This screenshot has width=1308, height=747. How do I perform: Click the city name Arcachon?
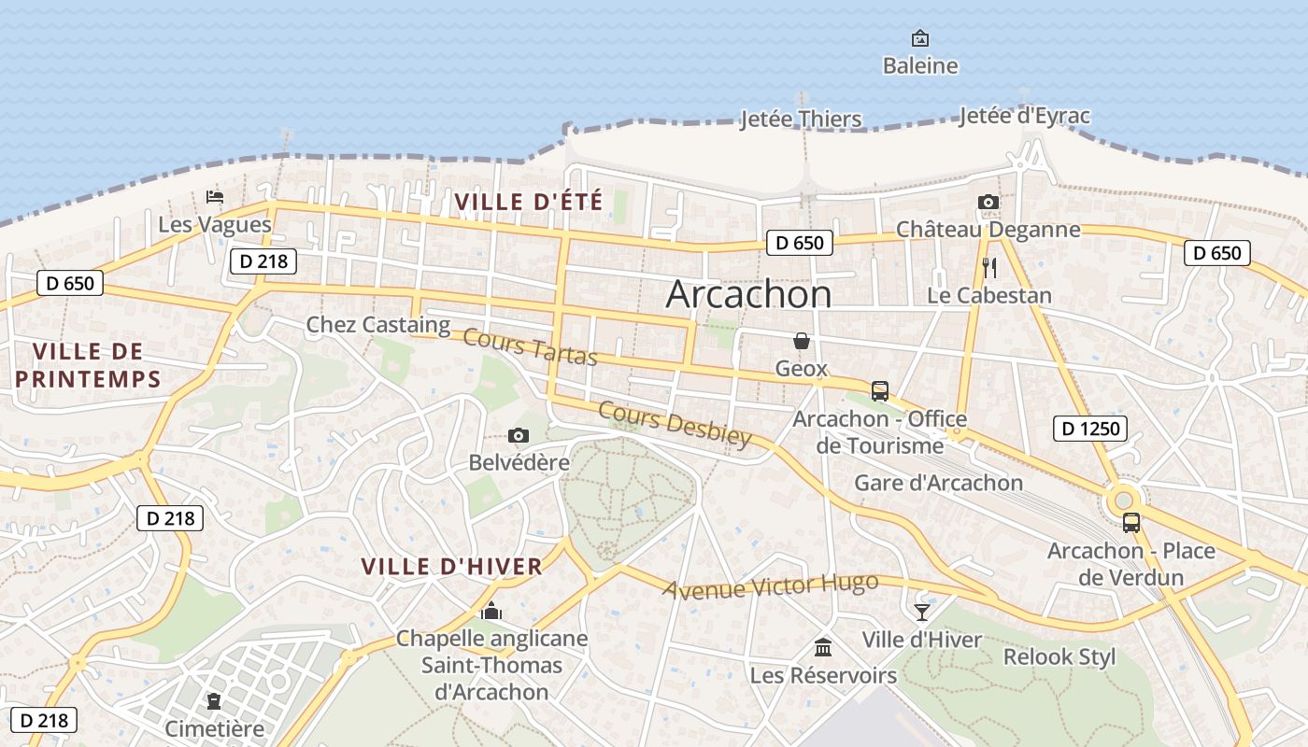pos(748,295)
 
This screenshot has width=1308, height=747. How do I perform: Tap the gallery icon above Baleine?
pos(920,38)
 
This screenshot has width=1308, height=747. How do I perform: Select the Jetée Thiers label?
pos(801,120)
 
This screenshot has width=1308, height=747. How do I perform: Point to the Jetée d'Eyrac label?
pos(1025,116)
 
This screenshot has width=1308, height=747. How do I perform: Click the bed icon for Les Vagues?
pos(215,197)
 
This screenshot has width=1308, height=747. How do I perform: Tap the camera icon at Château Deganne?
pos(988,203)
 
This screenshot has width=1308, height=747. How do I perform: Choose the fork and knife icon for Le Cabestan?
pos(989,268)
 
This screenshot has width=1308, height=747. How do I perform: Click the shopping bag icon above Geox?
pos(801,341)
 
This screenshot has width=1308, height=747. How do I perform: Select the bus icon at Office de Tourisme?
pos(879,391)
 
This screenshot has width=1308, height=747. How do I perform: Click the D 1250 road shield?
pos(1090,429)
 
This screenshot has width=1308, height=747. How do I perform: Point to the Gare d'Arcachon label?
pos(938,483)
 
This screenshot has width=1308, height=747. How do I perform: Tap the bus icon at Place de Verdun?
pos(1131,523)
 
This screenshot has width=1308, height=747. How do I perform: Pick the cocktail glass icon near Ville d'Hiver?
pos(922,613)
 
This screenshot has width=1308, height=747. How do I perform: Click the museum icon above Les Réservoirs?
pos(823,647)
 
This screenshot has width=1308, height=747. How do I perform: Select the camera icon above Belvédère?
pos(519,436)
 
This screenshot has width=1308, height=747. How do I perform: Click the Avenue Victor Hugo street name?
pos(771,586)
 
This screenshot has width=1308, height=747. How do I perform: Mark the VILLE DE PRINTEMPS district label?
pos(89,365)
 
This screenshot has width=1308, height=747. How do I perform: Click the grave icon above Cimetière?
pos(215,701)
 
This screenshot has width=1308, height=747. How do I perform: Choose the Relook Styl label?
pos(1059,656)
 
